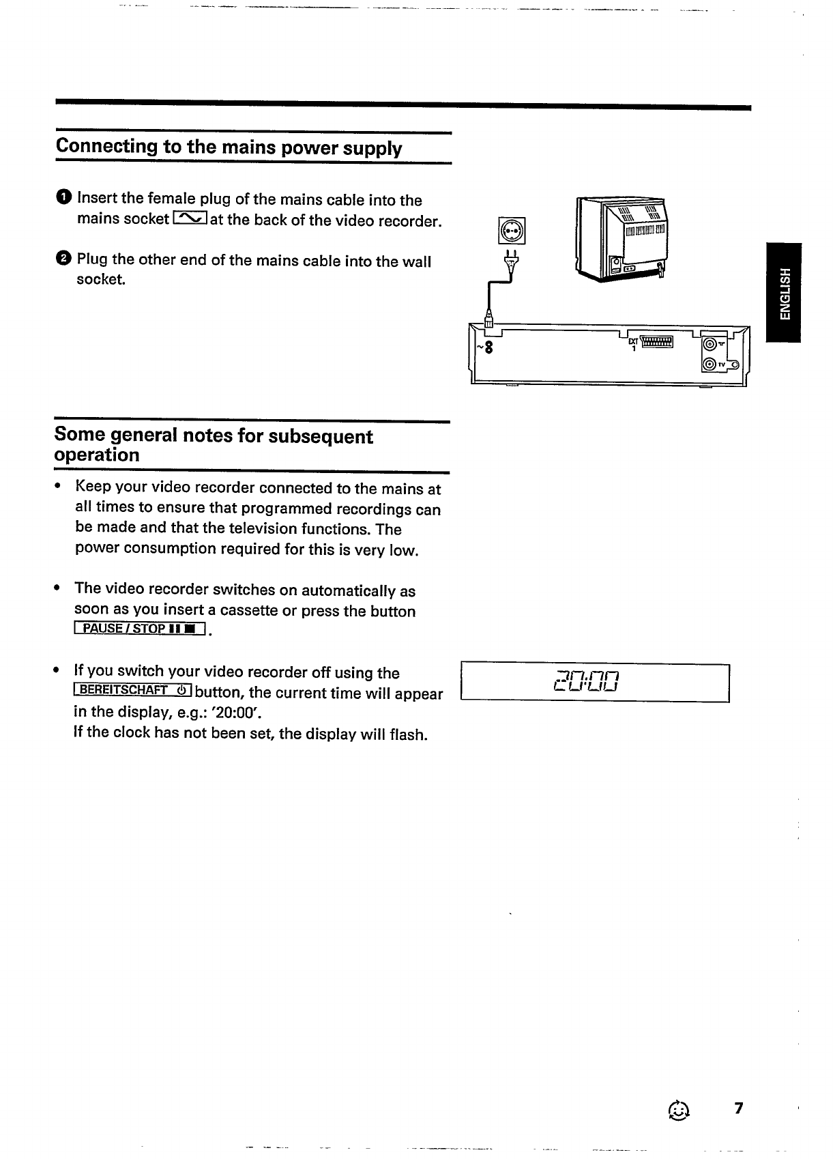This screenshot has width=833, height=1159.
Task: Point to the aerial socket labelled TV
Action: pos(710,365)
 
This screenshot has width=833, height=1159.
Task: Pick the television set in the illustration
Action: pos(623,238)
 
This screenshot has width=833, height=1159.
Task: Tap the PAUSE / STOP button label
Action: pos(141,629)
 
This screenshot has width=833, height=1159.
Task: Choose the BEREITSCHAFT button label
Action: pos(134,690)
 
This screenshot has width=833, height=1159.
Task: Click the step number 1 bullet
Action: pos(63,198)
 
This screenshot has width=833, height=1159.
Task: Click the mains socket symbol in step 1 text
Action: pos(190,218)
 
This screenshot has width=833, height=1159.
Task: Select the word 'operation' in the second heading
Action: pos(97,455)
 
